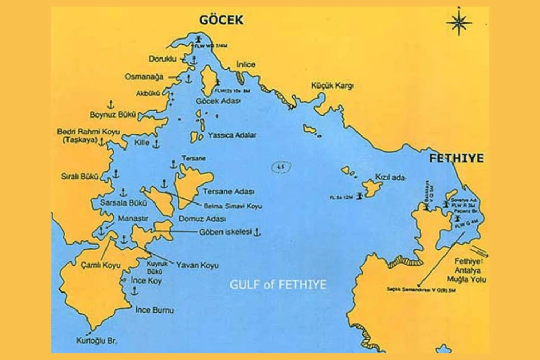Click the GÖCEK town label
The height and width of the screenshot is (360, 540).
[221, 21]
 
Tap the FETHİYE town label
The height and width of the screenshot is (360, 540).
[456, 158]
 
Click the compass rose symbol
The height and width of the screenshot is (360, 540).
[458, 23]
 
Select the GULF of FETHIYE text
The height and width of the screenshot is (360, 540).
[277, 285]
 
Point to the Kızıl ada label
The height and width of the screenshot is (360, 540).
[390, 178]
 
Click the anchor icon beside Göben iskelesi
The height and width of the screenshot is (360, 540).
[257, 231]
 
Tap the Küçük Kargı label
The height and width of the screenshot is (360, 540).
[332, 85]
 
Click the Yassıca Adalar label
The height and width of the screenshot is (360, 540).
[232, 135]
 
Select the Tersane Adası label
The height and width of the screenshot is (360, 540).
[236, 191]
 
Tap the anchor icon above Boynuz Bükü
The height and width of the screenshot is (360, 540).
[111, 103]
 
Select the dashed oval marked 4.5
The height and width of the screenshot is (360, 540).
[281, 168]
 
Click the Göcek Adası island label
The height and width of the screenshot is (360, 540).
[218, 101]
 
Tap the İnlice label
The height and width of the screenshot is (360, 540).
[246, 64]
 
